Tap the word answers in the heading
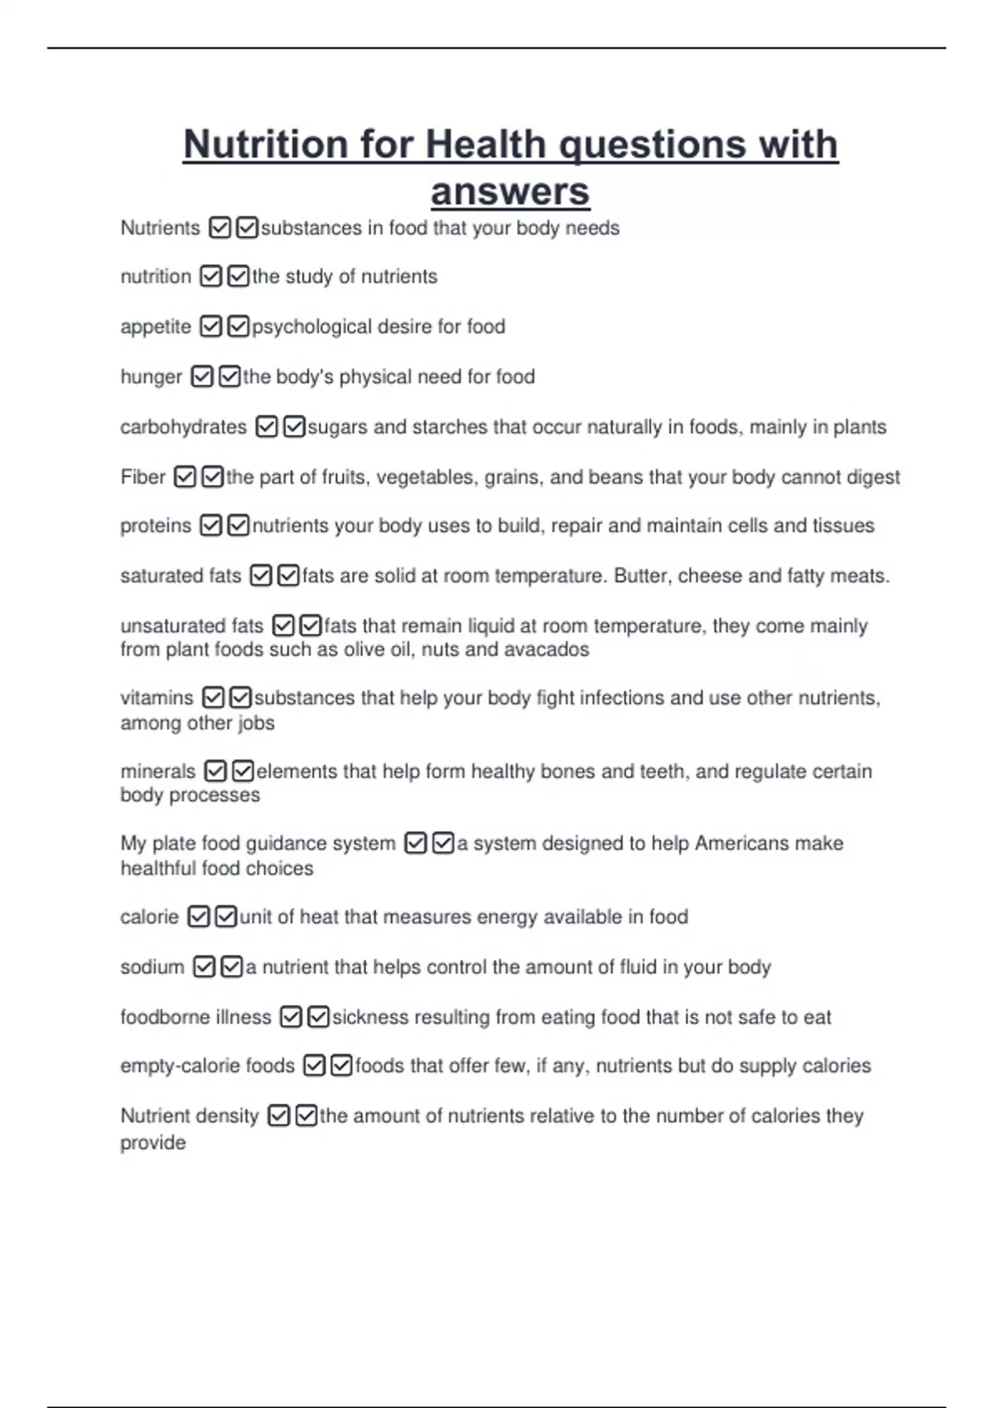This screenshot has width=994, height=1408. pyautogui.click(x=510, y=192)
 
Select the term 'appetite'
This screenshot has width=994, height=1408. pyautogui.click(x=156, y=327)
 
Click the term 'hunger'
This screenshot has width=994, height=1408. pyautogui.click(x=151, y=377)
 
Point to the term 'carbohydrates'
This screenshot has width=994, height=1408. pyautogui.click(x=183, y=427)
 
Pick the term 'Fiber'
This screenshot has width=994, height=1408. pyautogui.click(x=142, y=477)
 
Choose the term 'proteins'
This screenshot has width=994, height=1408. pyautogui.click(x=156, y=526)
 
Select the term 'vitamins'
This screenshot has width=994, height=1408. pyautogui.click(x=157, y=698)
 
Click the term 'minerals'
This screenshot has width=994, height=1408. pyautogui.click(x=157, y=772)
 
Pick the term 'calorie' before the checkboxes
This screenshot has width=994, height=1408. pyautogui.click(x=149, y=918)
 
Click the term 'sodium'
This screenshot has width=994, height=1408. pyautogui.click(x=152, y=967)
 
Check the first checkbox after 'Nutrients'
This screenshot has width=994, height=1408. pyautogui.click(x=220, y=228)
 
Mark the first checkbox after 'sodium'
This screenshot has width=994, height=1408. pyautogui.click(x=204, y=967)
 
